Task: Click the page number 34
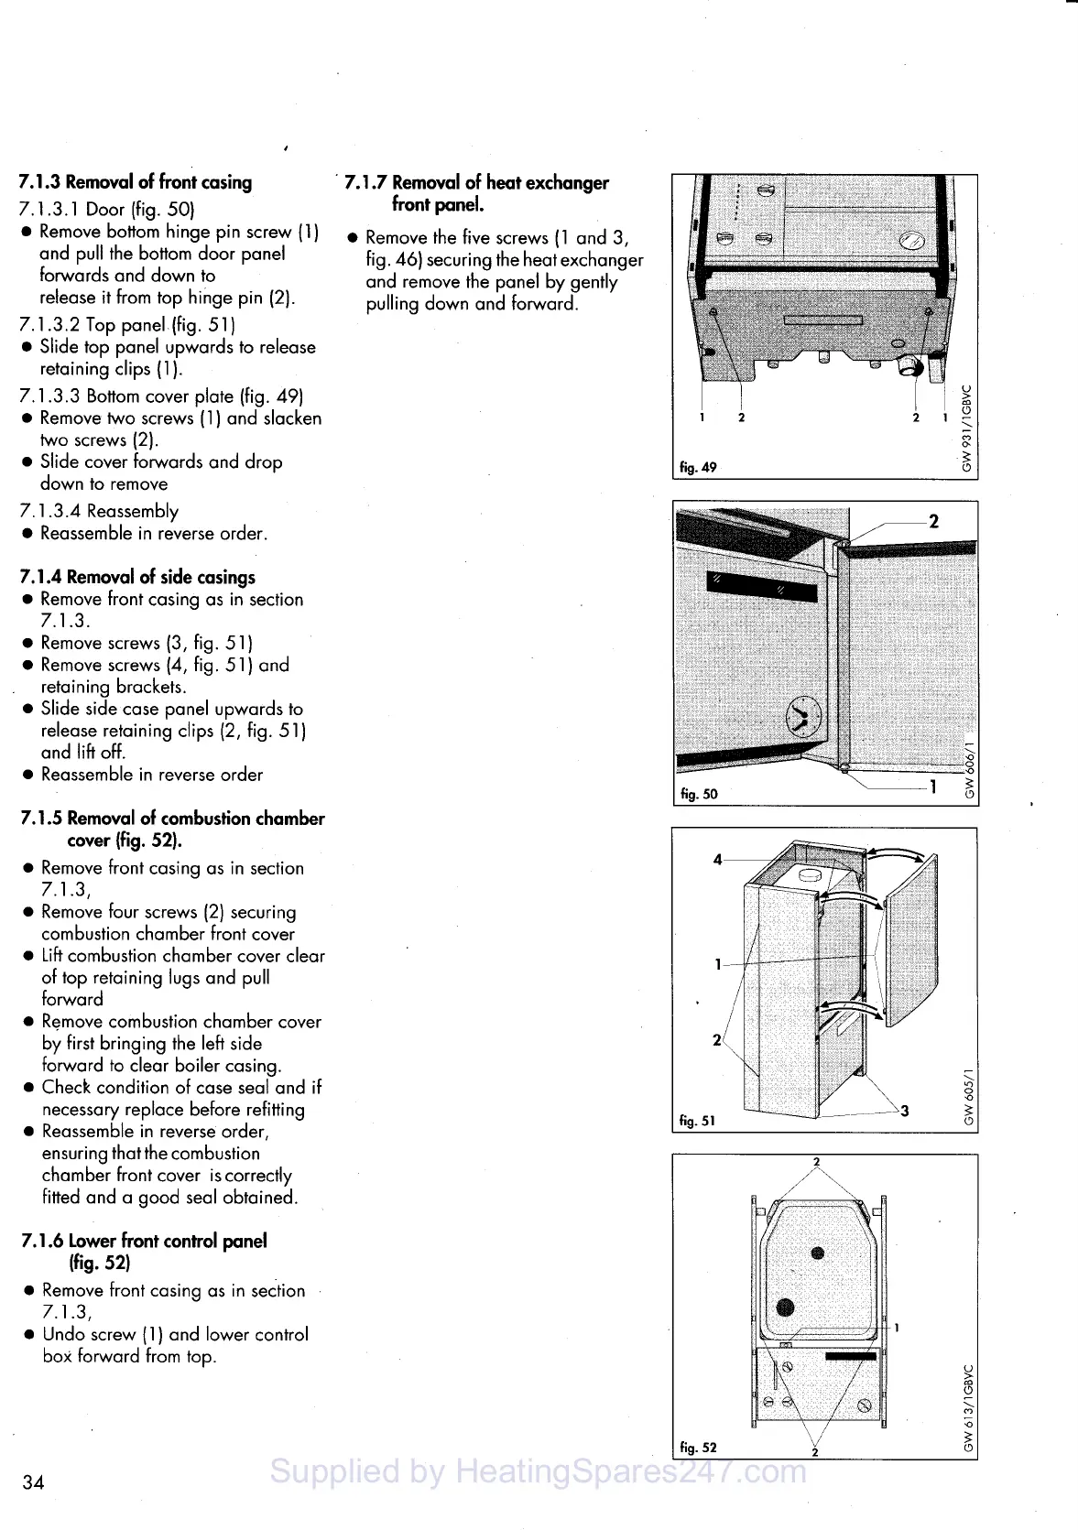(33, 1482)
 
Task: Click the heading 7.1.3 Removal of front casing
(136, 181)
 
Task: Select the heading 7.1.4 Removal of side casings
(137, 577)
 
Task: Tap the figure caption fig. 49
(698, 467)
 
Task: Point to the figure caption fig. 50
(699, 794)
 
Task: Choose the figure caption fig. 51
(698, 1120)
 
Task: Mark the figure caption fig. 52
(698, 1447)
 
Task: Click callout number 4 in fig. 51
(718, 859)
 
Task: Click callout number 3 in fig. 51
(905, 1111)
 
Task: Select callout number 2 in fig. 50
(933, 522)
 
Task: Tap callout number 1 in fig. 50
(933, 786)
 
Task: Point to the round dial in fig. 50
(802, 714)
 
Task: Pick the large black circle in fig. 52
(785, 1308)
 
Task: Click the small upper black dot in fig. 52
(818, 1253)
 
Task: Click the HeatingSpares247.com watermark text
(539, 1471)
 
